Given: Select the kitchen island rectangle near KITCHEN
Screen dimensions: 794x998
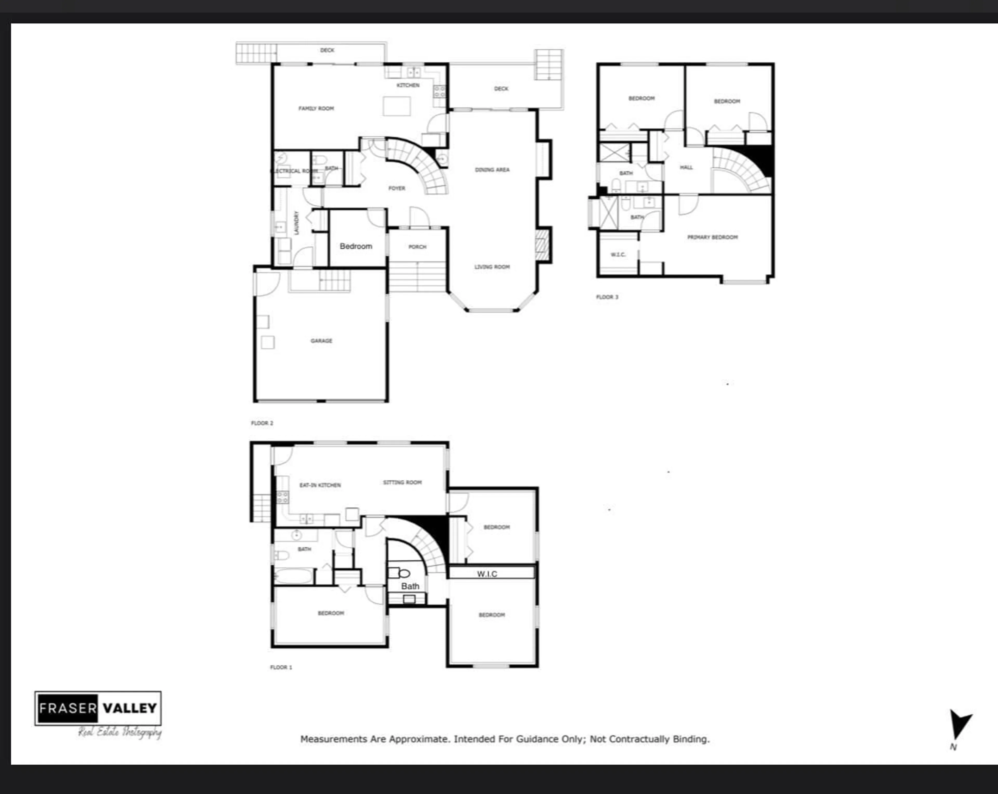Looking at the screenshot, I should pyautogui.click(x=397, y=106).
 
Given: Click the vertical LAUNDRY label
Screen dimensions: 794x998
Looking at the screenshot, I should pyautogui.click(x=296, y=223).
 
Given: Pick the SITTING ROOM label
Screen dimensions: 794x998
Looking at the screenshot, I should pyautogui.click(x=402, y=482).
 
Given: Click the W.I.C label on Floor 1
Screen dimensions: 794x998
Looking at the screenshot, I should pyautogui.click(x=487, y=574).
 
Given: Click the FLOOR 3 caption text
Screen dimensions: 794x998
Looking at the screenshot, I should pyautogui.click(x=607, y=297).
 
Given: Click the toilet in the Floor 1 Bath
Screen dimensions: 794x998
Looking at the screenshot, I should pyautogui.click(x=404, y=574).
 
